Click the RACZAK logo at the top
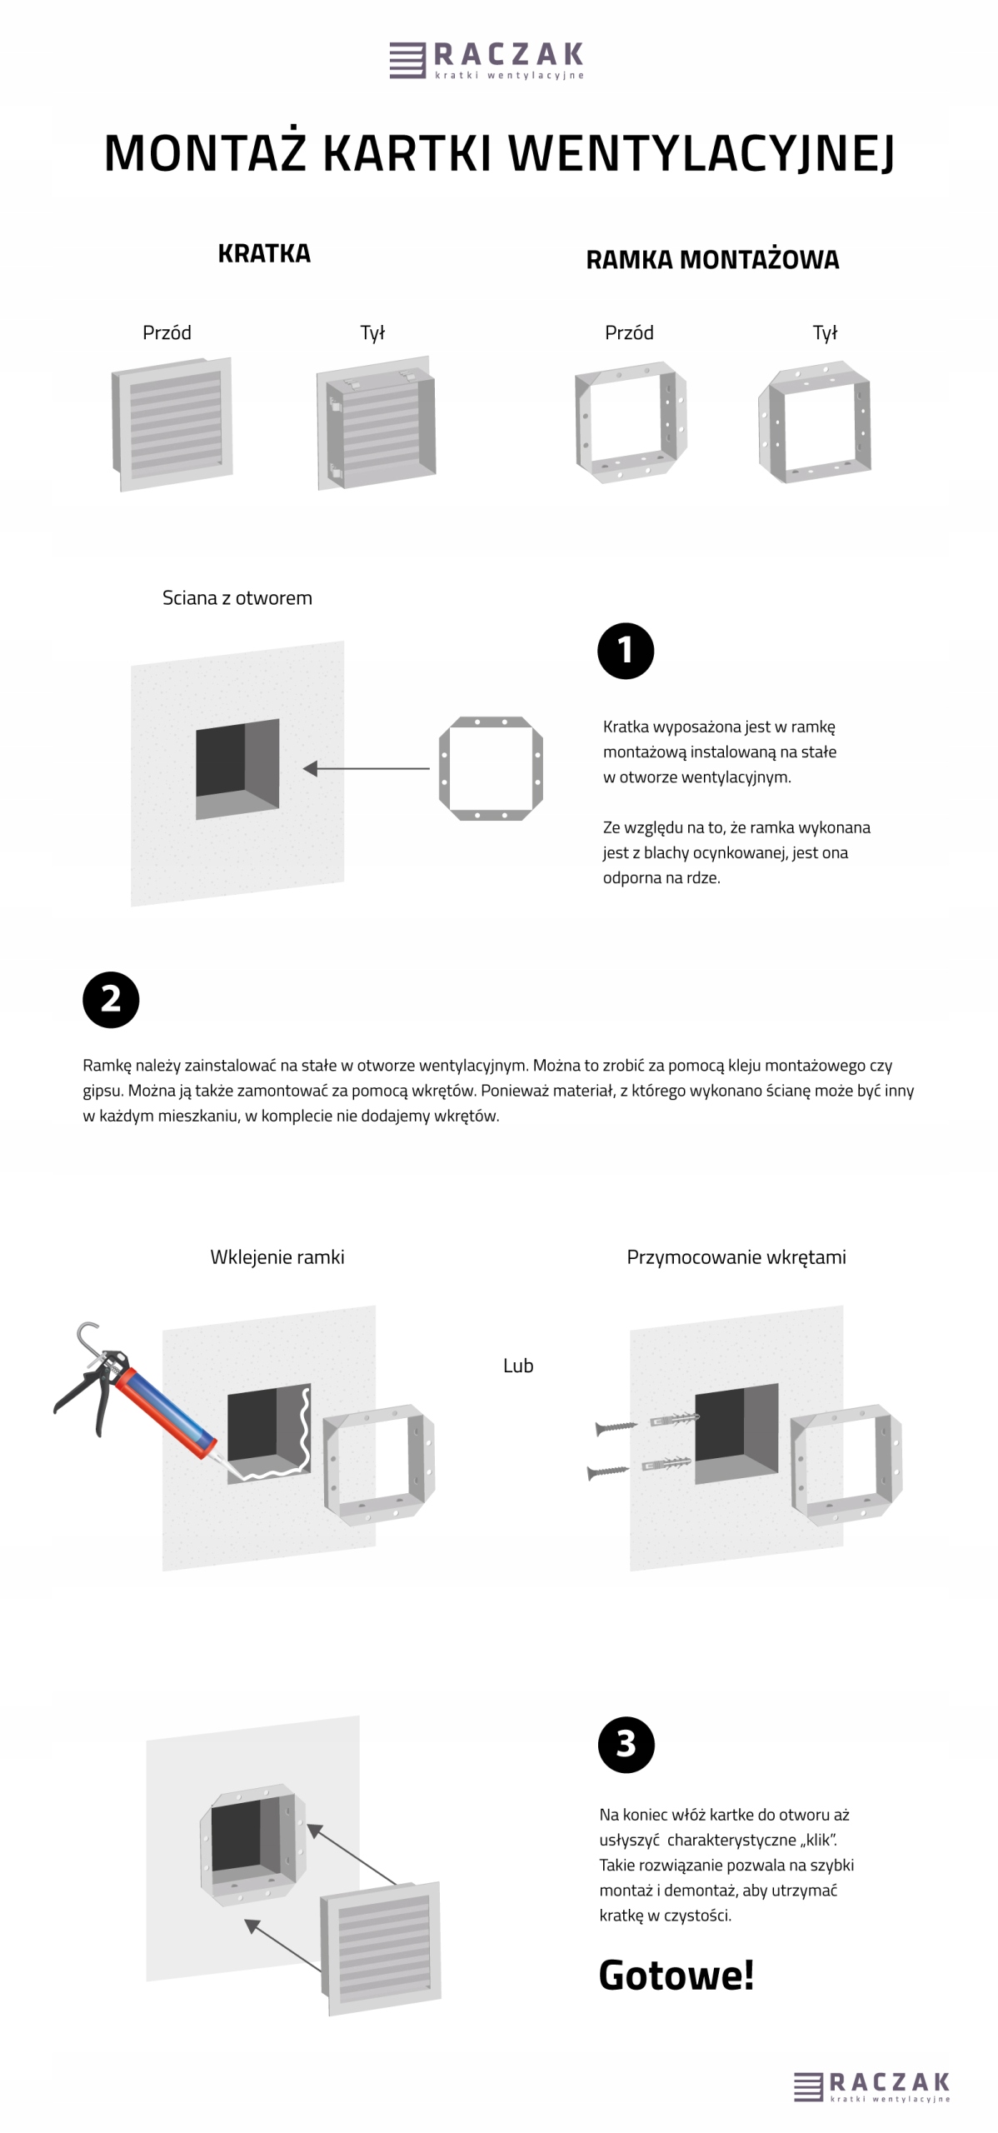[487, 60]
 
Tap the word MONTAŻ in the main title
[205, 153]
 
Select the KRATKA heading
[264, 253]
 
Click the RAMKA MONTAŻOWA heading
[712, 260]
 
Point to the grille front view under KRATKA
[172, 424]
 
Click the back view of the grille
[377, 424]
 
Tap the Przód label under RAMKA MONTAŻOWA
[629, 332]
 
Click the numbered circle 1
[626, 651]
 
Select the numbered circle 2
[111, 999]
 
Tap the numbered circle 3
[626, 1744]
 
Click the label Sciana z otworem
[237, 597]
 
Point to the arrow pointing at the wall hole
[367, 768]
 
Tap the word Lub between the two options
[518, 1366]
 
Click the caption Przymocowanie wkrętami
[736, 1256]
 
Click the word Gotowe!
[676, 1974]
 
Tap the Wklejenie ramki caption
[277, 1256]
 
